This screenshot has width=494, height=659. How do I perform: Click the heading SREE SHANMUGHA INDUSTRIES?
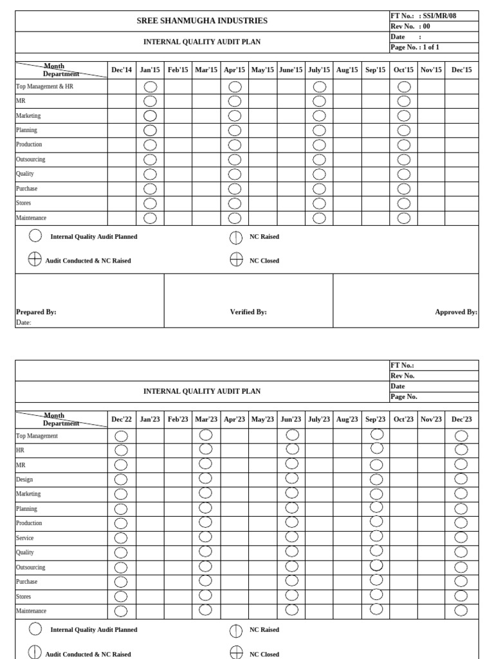(x=202, y=21)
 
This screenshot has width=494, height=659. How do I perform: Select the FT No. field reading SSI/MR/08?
(x=434, y=16)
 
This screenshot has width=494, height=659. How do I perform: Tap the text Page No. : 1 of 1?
(x=415, y=47)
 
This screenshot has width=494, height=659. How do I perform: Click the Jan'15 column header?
(x=150, y=70)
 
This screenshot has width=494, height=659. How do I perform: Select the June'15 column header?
(x=291, y=70)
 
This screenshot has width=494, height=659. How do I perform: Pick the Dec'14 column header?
(x=122, y=70)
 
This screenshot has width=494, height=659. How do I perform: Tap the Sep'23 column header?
(x=376, y=419)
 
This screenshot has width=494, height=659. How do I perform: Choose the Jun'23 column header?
(x=291, y=419)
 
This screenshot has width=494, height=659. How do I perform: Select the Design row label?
(x=24, y=479)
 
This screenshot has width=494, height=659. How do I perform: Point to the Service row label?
(x=25, y=538)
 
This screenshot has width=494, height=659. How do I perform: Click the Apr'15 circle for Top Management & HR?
(x=235, y=86)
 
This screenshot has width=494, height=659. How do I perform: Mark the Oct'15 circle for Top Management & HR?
(x=404, y=86)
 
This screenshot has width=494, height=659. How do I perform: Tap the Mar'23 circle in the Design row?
(x=205, y=478)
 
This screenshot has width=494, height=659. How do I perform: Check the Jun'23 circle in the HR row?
(x=291, y=449)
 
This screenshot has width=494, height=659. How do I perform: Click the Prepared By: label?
(x=36, y=312)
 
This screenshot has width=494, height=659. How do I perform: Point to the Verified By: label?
(x=248, y=312)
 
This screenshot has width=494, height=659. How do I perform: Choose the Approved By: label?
(x=455, y=312)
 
